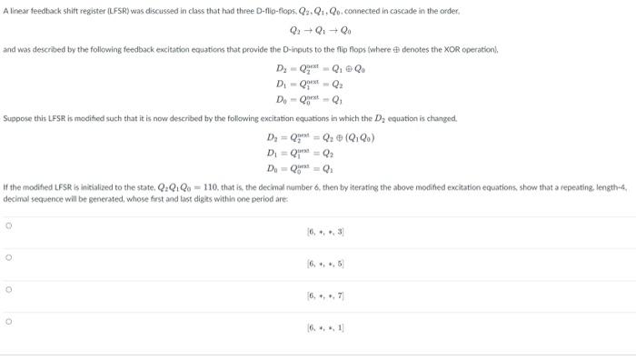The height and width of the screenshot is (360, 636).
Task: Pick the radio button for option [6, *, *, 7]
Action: click(x=8, y=291)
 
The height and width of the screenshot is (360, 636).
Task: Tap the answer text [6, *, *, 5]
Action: click(x=324, y=265)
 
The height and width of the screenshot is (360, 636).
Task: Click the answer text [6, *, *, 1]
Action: click(x=324, y=327)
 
